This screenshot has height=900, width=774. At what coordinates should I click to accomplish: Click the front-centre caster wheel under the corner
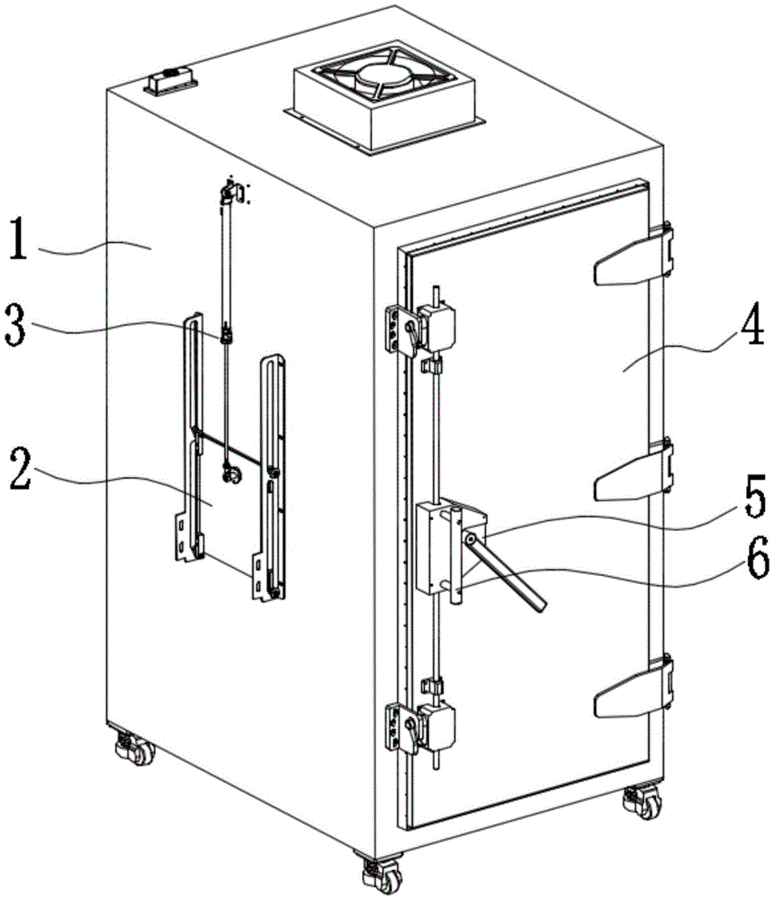pyautogui.click(x=373, y=871)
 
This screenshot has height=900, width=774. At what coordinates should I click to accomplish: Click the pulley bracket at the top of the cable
pyautogui.click(x=231, y=191)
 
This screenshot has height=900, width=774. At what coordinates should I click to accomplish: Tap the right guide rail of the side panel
pyautogui.click(x=274, y=477)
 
